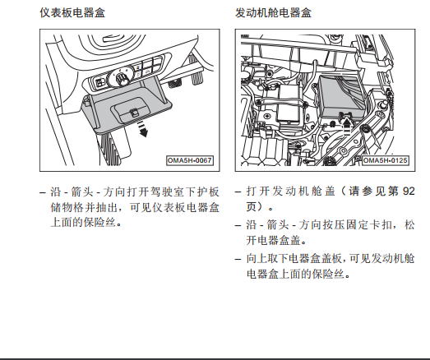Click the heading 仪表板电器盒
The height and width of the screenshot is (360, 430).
pyautogui.click(x=72, y=12)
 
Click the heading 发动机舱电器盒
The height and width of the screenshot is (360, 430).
pyautogui.click(x=273, y=12)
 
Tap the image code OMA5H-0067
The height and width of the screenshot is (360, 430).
pyautogui.click(x=190, y=160)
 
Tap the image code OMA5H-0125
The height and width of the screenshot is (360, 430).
pyautogui.click(x=386, y=160)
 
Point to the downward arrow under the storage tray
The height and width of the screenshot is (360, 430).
pyautogui.click(x=142, y=129)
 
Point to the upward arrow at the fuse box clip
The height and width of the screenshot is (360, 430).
pyautogui.click(x=347, y=126)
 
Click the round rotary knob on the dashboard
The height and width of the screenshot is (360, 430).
pyautogui.click(x=122, y=77)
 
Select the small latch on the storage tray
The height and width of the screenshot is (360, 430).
pyautogui.click(x=134, y=113)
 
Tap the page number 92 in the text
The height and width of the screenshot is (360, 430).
pyautogui.click(x=409, y=192)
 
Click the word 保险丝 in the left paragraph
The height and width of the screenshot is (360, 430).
pyautogui.click(x=99, y=222)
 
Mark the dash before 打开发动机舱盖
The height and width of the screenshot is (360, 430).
pyautogui.click(x=238, y=192)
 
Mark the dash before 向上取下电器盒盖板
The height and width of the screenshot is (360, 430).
pyautogui.click(x=238, y=259)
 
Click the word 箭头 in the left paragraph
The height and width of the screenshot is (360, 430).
pyautogui.click(x=82, y=192)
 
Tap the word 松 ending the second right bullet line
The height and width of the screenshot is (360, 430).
pyautogui.click(x=409, y=225)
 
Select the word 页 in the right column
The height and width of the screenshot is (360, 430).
pyautogui.click(x=252, y=207)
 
